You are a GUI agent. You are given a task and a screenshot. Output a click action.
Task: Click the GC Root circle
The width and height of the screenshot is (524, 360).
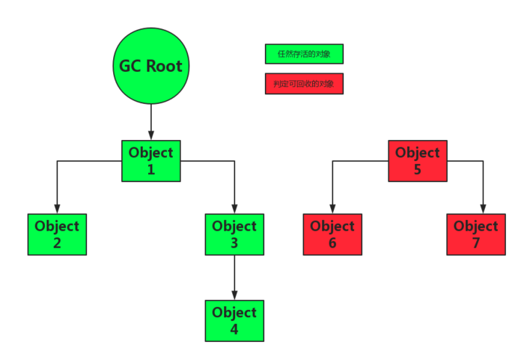(150, 66)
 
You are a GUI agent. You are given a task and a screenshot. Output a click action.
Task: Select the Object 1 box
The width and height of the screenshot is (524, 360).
(150, 160)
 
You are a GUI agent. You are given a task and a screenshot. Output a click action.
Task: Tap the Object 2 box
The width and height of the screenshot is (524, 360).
(57, 234)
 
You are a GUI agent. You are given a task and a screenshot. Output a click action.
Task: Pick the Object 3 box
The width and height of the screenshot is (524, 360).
(234, 234)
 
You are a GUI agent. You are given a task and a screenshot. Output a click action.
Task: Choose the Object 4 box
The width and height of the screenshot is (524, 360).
(234, 320)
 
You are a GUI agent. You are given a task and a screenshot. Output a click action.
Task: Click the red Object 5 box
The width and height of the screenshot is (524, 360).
(418, 160)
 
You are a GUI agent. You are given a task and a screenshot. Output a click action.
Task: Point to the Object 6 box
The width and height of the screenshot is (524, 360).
(332, 234)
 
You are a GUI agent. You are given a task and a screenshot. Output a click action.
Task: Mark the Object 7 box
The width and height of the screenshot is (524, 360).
(476, 234)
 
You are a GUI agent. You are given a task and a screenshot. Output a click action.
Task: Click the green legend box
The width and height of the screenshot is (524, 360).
(304, 54)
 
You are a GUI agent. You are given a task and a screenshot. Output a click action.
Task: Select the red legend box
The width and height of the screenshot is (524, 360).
(304, 84)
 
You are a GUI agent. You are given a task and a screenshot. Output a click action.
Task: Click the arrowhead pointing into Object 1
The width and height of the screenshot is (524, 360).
(150, 135)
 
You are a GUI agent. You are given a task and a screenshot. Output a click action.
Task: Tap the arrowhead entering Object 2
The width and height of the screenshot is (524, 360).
(57, 209)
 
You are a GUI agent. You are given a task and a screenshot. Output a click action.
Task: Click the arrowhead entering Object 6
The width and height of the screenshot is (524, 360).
(332, 209)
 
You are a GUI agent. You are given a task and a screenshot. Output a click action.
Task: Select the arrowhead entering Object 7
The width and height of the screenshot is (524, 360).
(483, 209)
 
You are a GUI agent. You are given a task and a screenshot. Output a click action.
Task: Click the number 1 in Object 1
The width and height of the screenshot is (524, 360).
(150, 169)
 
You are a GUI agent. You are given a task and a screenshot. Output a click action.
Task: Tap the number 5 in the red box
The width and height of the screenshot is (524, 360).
(418, 169)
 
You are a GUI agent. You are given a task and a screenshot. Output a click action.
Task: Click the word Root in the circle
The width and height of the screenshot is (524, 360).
(164, 66)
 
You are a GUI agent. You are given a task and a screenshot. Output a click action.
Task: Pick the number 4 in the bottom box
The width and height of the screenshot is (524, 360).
(234, 329)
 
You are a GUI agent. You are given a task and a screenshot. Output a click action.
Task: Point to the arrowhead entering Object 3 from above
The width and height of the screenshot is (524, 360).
(234, 209)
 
